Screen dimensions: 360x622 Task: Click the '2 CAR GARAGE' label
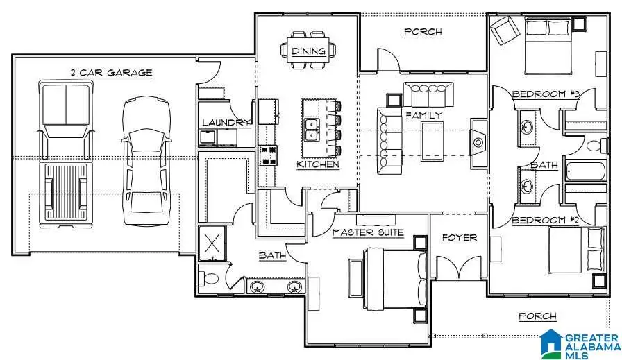point(111,73)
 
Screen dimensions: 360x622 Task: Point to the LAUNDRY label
point(226,123)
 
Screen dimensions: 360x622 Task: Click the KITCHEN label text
point(318,165)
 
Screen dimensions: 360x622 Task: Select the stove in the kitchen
point(269,154)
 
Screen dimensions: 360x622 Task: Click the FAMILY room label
point(423,115)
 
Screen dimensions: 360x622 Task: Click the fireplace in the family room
point(479,143)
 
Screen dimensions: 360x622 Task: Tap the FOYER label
point(459,238)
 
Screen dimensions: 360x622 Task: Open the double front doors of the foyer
point(458,267)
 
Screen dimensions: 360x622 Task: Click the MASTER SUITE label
point(367,232)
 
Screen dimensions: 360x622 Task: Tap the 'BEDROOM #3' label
point(546,94)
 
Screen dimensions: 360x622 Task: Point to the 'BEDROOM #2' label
point(546,220)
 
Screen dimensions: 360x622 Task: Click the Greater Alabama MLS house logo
point(553,343)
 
